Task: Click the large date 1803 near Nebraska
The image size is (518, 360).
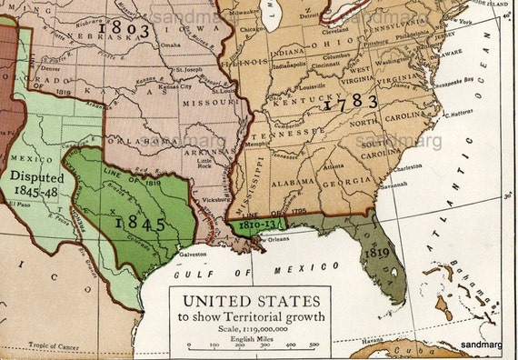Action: tap(127, 28)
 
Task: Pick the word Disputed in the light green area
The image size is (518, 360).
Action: tap(37, 177)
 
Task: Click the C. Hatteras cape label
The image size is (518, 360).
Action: tap(464, 115)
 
